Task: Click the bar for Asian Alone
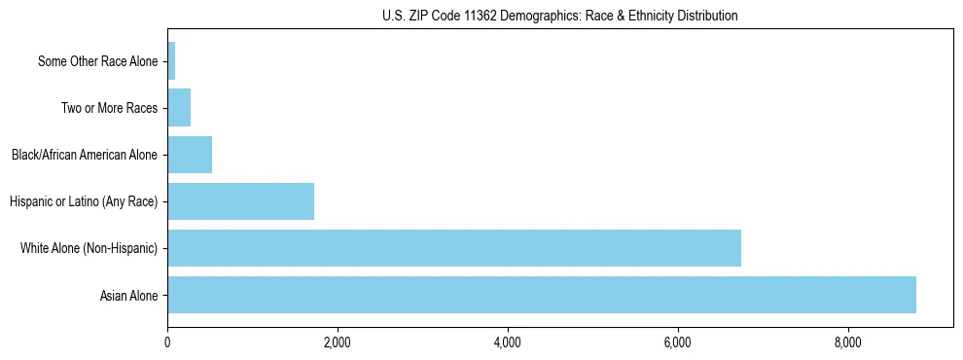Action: point(542,295)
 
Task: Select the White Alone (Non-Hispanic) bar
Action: point(454,248)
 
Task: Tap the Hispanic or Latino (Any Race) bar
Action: point(241,201)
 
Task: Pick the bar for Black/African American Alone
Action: point(190,155)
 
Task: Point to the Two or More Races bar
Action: point(179,108)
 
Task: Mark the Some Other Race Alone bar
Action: point(171,61)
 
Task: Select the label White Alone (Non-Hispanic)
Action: point(89,249)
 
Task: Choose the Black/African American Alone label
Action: point(85,156)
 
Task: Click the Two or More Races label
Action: point(109,109)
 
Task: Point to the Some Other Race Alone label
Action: point(97,62)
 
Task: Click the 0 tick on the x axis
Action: point(167,342)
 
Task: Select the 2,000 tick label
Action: point(338,342)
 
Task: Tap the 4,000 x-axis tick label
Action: point(508,342)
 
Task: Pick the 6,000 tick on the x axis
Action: point(678,342)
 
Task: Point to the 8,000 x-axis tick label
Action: point(848,342)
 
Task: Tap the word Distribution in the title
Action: point(709,16)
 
